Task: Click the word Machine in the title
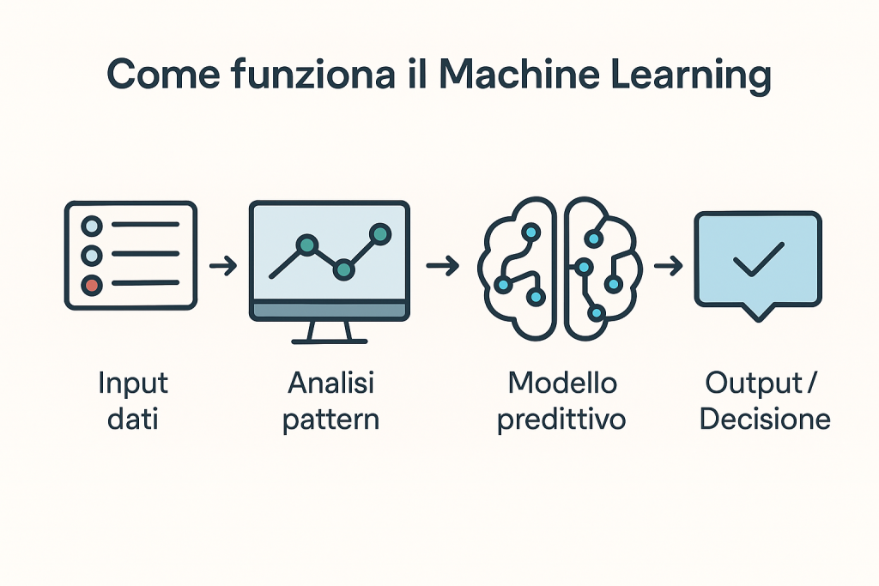tap(519, 74)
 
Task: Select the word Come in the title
tap(163, 75)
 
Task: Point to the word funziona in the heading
tap(312, 74)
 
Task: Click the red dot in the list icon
tap(92, 285)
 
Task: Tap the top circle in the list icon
tap(92, 227)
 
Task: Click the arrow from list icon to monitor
tap(223, 266)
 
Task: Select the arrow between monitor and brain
tap(442, 265)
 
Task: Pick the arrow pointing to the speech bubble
tap(668, 266)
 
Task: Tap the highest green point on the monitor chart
tap(380, 233)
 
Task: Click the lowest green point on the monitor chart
tap(343, 270)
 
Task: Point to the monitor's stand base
tap(330, 341)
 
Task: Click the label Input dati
tap(133, 402)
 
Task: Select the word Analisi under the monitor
tap(330, 384)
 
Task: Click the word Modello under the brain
tap(562, 384)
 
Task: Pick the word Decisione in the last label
tap(765, 419)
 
